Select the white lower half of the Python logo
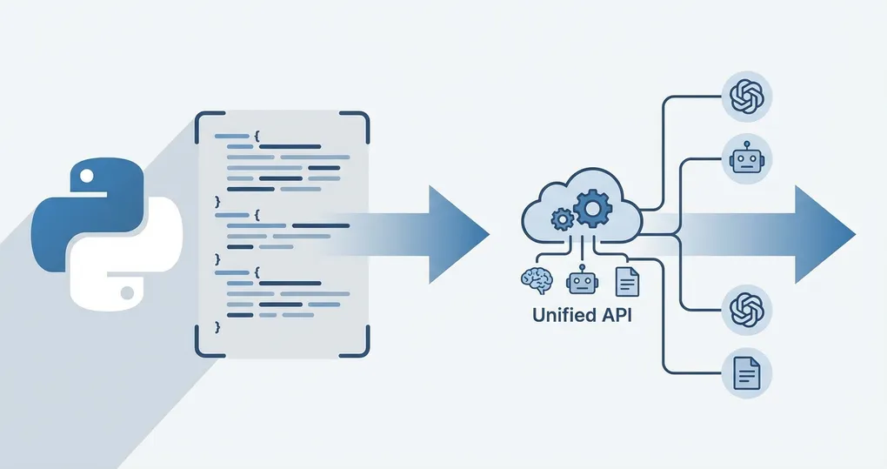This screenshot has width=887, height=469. pyautogui.click(x=130, y=261)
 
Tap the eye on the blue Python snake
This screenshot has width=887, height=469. pyautogui.click(x=86, y=177)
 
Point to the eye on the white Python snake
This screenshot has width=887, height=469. pyautogui.click(x=128, y=290)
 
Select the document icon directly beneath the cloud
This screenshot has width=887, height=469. pyautogui.click(x=626, y=280)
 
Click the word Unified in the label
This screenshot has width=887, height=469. pyautogui.click(x=564, y=316)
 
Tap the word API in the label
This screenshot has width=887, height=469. pyautogui.click(x=617, y=316)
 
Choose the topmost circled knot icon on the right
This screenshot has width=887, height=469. pyautogui.click(x=746, y=95)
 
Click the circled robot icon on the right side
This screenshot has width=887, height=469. pyautogui.click(x=746, y=158)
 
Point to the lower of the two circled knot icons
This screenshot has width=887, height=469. pyautogui.click(x=746, y=309)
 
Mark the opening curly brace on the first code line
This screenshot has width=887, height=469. pyautogui.click(x=258, y=137)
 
